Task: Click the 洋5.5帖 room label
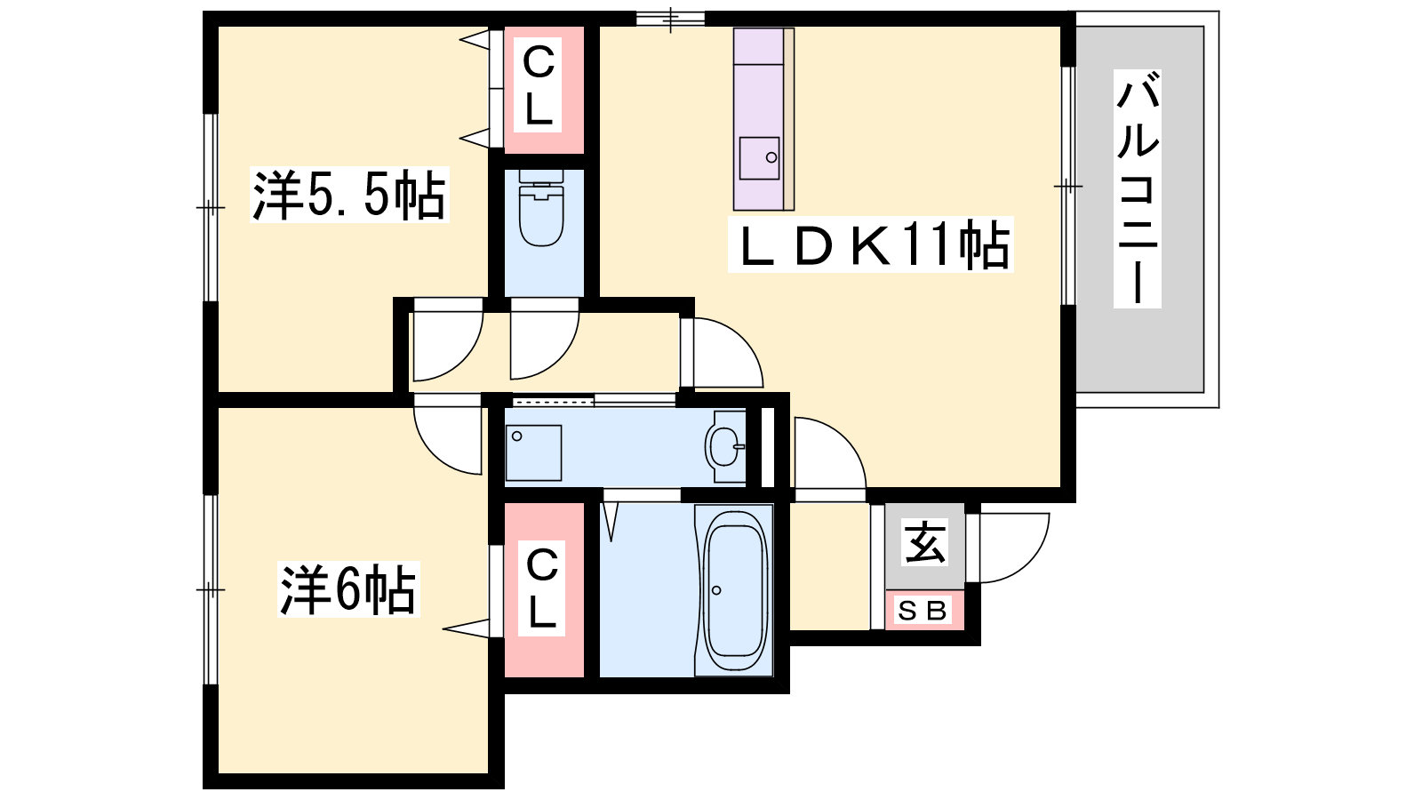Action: point(349,195)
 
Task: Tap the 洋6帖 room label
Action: point(348,589)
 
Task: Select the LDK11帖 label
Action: point(870,245)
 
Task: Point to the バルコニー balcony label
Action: point(1138,189)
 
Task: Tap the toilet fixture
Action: point(541,207)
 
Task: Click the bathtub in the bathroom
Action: point(734,590)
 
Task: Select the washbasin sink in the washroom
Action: point(725,447)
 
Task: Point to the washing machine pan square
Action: point(533,452)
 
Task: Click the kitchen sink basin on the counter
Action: point(759,158)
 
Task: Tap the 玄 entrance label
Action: point(925,542)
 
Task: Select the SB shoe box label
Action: point(923,611)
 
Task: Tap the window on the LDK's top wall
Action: point(670,19)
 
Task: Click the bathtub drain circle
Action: point(716,590)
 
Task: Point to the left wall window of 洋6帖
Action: point(210,590)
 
